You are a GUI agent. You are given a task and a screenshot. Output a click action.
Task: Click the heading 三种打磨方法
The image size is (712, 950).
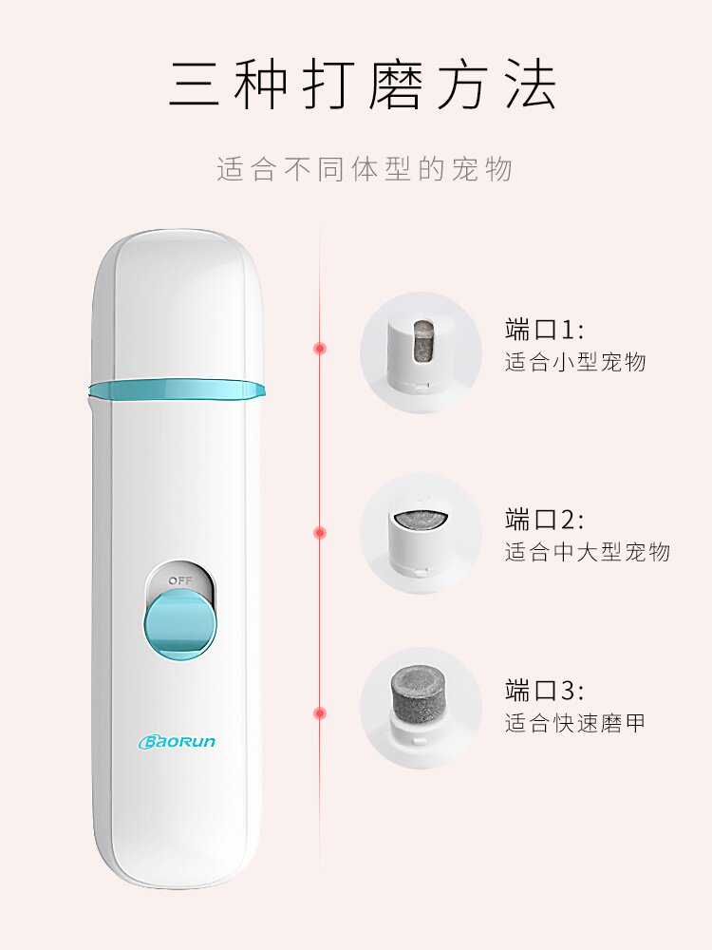pos(364,86)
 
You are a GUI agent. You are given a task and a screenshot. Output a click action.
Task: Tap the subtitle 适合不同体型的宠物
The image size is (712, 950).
pos(365,169)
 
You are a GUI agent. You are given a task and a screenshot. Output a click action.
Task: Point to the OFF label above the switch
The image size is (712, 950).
pos(179,579)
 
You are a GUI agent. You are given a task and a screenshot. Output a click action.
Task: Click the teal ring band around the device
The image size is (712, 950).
pos(176,389)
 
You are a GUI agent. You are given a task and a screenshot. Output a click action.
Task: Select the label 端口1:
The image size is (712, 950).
pos(545,330)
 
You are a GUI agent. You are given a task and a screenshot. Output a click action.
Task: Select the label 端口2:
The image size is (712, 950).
pos(545,520)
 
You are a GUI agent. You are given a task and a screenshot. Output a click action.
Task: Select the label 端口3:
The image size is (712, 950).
pos(545,691)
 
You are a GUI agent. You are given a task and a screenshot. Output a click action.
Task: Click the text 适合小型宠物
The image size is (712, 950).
pos(575,362)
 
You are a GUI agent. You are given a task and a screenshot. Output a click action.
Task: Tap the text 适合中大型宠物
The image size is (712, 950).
pos(588,552)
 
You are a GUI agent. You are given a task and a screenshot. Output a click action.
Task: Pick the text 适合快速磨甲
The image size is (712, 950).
pos(575,723)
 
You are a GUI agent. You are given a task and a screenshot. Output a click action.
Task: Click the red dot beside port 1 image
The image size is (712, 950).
pos(320,349)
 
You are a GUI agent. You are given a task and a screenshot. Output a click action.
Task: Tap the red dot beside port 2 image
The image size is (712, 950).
pos(320,532)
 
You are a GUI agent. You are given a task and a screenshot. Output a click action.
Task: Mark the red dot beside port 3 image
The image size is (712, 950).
pos(320,712)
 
